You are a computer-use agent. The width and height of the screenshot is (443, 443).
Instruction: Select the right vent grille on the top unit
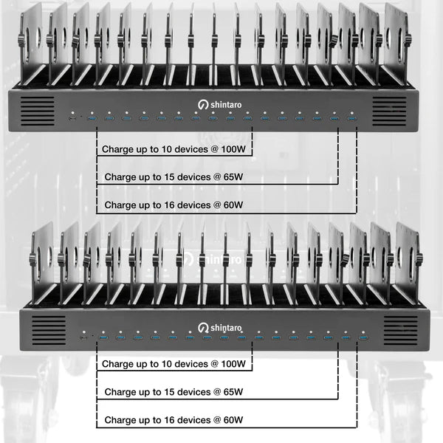point(389,111)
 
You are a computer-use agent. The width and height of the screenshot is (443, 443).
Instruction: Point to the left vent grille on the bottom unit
point(47,330)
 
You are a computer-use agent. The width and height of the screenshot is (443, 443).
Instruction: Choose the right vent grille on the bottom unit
point(400,330)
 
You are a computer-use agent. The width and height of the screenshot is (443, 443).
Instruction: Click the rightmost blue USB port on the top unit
point(351,119)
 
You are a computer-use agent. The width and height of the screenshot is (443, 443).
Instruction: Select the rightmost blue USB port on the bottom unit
point(363,337)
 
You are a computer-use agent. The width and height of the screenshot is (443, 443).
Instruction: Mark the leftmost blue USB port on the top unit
point(92,119)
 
